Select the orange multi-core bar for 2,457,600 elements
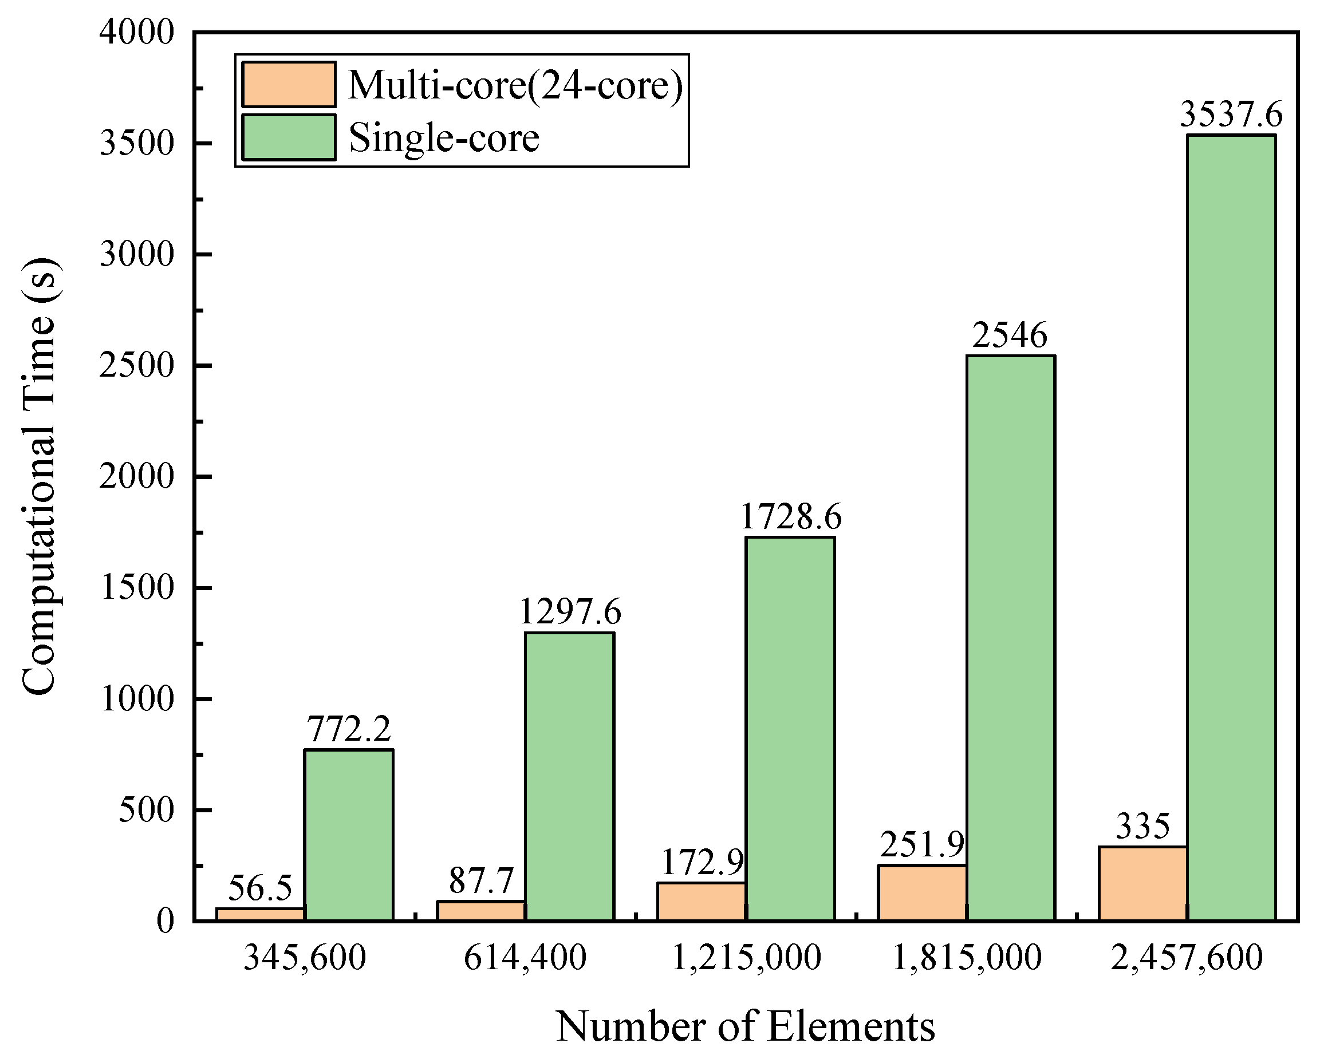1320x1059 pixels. [1142, 883]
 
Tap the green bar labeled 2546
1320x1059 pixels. [1010, 637]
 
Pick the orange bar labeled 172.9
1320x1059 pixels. [702, 901]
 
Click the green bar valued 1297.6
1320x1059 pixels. [569, 776]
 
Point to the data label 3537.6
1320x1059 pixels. [1231, 114]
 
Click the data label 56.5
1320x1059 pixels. [260, 888]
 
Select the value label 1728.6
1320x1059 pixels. [790, 517]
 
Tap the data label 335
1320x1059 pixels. [1142, 826]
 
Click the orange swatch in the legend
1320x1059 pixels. [289, 85]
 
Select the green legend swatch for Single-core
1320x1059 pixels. [289, 137]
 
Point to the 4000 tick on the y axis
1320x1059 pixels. [137, 32]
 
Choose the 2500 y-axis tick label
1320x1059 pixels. [137, 366]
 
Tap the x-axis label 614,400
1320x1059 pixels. [525, 957]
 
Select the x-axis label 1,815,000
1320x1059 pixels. [966, 957]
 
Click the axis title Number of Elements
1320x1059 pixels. [745, 1026]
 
